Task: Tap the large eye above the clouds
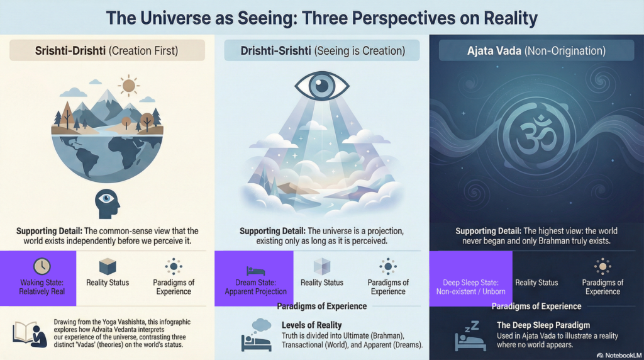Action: coord(322,87)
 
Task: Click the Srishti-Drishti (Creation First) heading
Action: coord(107,50)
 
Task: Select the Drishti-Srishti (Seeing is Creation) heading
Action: coord(323,50)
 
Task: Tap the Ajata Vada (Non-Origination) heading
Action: coord(536,50)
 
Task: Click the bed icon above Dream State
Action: coord(255,270)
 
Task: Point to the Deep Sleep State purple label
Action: coord(470,287)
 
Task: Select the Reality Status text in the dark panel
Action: coord(536,283)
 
